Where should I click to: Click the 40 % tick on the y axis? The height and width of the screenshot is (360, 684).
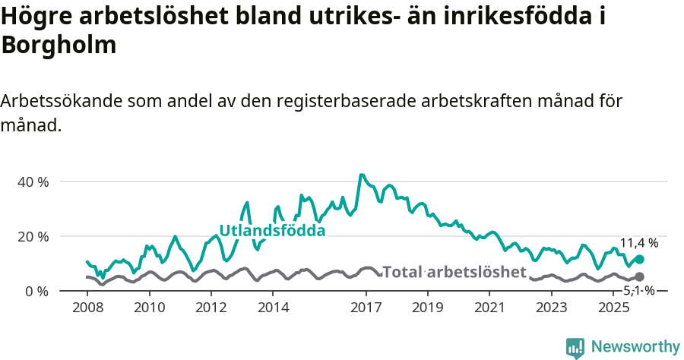point(33,182)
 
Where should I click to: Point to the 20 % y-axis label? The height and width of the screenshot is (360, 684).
point(33,237)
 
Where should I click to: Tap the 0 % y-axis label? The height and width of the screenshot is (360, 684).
point(36,292)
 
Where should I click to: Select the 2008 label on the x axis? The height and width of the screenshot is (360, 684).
point(87,308)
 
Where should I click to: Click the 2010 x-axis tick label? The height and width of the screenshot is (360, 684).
point(149,308)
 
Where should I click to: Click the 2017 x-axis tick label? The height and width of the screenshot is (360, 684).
point(366,308)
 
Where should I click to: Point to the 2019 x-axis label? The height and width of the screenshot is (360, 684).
point(428,308)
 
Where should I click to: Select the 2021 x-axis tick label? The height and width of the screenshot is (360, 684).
point(489,308)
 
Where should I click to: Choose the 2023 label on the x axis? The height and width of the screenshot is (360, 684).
point(552,308)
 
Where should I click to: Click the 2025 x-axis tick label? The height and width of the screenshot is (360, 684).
point(613,308)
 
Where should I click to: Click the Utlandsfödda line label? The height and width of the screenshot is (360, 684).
point(272,231)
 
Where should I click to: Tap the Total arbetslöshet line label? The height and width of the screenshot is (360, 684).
point(454,272)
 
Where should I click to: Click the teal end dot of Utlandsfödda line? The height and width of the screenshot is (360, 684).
point(639,260)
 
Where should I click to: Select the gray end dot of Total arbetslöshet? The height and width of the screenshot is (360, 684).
point(639,277)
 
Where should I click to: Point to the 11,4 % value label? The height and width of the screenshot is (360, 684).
point(639,243)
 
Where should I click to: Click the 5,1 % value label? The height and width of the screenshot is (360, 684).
point(639,290)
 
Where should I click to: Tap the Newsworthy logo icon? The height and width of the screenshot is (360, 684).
point(575,347)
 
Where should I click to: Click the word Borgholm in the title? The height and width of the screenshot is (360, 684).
point(59,45)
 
